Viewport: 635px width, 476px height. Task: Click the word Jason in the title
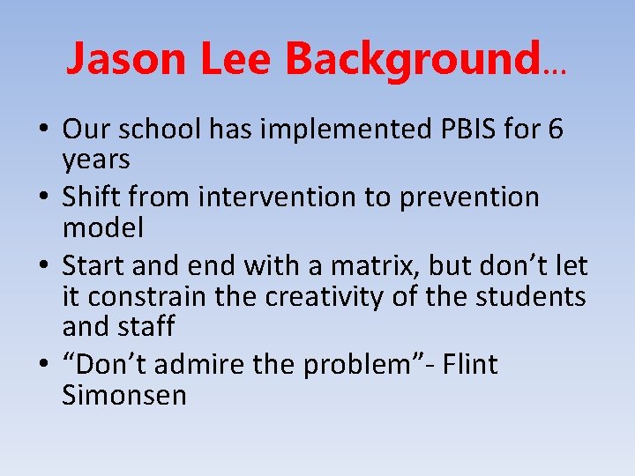[127, 59]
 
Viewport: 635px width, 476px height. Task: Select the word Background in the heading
[413, 59]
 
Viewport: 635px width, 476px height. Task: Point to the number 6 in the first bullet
[555, 130]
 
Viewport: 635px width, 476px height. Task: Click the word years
[96, 161]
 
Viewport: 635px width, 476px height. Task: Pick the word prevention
[469, 197]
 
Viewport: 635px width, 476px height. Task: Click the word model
[103, 228]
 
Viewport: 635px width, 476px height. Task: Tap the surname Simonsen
[124, 396]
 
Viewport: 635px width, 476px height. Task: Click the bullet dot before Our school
[43, 130]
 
